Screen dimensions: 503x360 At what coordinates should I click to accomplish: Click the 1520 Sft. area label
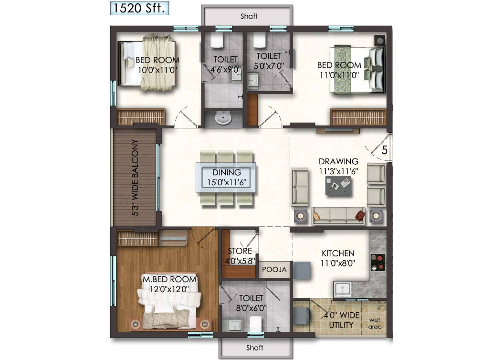[x=139, y=8]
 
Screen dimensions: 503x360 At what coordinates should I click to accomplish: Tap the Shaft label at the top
[x=249, y=16]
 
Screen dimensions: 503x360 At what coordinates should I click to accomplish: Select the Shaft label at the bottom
[x=255, y=348]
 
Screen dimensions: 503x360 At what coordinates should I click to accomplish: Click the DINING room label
[x=227, y=172]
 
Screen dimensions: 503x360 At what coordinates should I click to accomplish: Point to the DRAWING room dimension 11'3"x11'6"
[x=338, y=171]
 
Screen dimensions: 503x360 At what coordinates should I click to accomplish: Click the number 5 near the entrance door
[x=384, y=150]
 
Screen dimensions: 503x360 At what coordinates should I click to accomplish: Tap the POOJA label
[x=274, y=269]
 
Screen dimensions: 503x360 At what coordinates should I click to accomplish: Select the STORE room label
[x=240, y=251]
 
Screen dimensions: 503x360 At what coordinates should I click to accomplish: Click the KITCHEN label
[x=338, y=253]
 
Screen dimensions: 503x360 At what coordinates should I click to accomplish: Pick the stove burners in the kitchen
[x=378, y=262]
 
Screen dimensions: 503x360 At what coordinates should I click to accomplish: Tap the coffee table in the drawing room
[x=338, y=185]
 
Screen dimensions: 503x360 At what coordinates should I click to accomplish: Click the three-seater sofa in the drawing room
[x=338, y=216]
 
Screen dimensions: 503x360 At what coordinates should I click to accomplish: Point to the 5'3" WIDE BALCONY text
[x=135, y=178]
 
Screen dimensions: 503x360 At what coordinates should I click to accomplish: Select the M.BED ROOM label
[x=169, y=279]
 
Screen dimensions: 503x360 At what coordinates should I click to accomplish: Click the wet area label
[x=375, y=323]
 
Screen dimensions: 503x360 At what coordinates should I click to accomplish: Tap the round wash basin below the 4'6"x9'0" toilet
[x=223, y=118]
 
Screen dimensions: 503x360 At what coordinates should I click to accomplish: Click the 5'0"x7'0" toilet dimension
[x=269, y=66]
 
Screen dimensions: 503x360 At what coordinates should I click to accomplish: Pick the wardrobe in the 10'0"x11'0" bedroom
[x=141, y=117]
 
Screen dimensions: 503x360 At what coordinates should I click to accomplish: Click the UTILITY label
[x=341, y=325]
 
